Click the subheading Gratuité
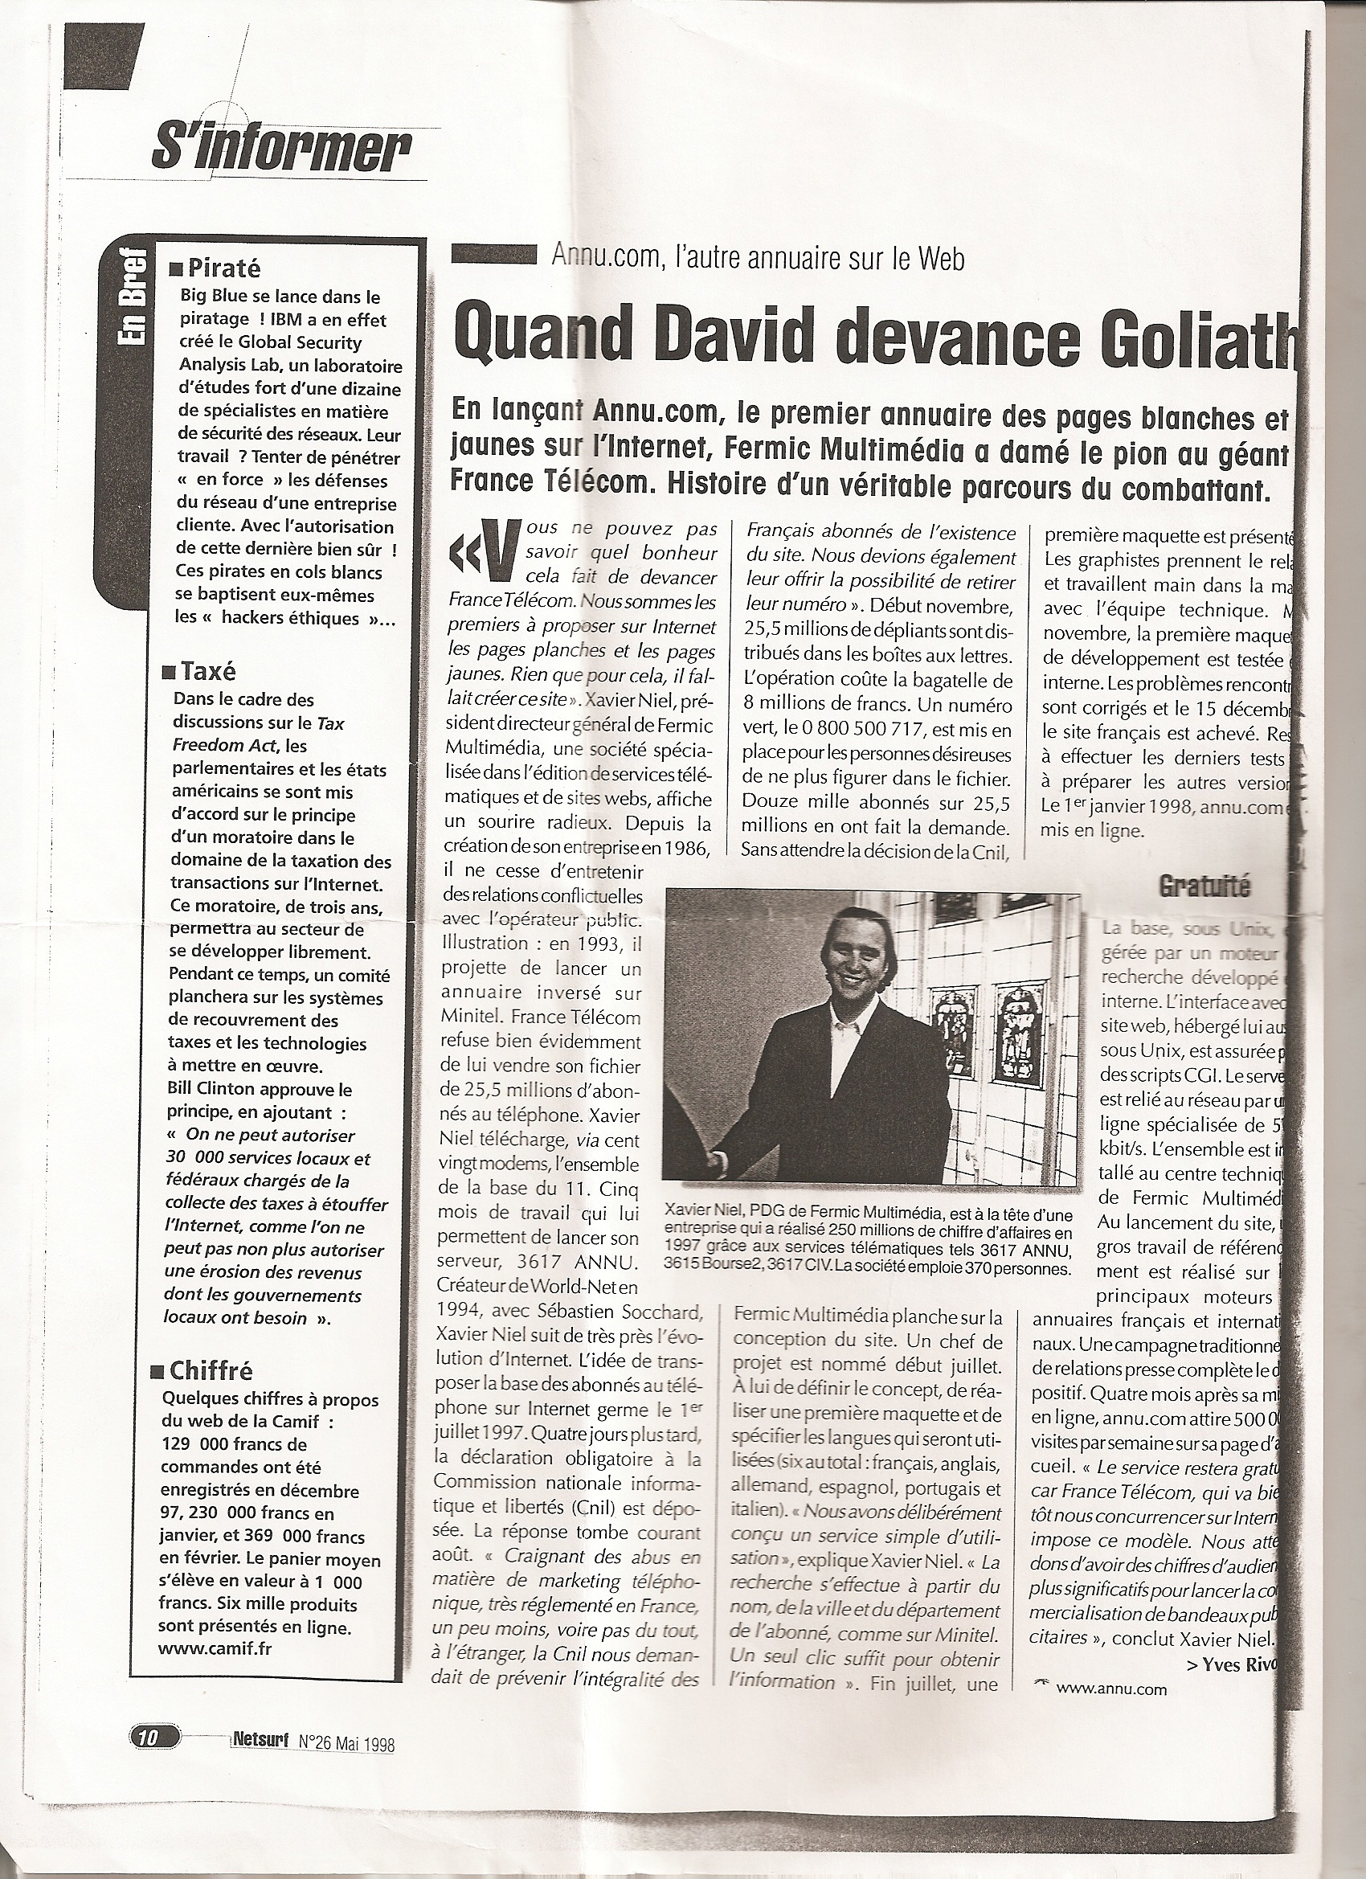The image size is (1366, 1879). point(1204,887)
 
